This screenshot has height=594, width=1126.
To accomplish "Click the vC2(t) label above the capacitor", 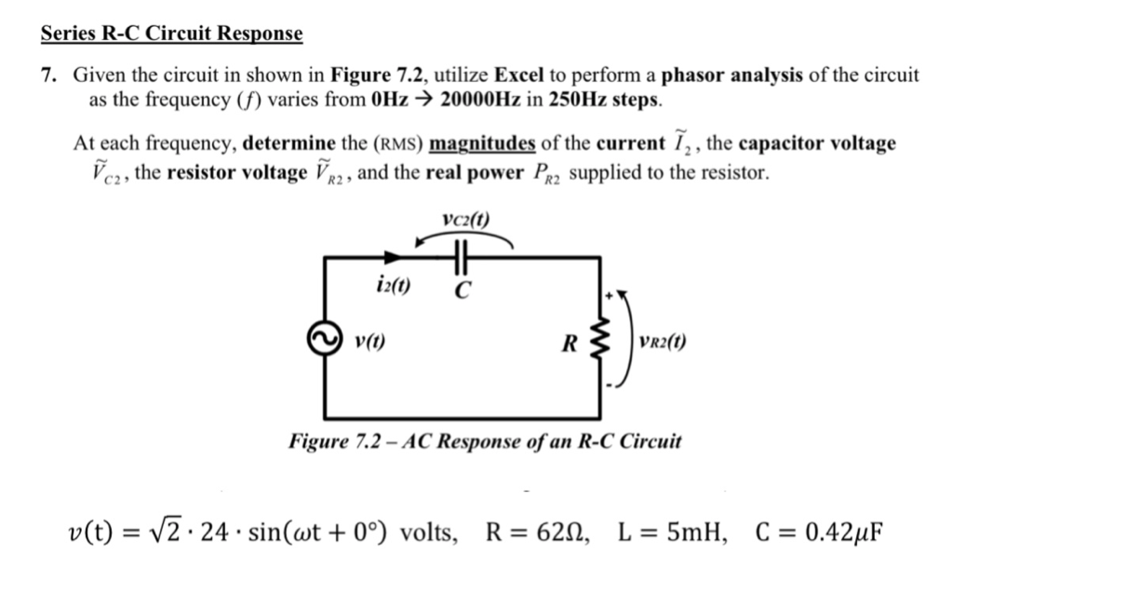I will [x=467, y=220].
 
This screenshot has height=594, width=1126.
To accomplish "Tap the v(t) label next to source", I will [x=371, y=341].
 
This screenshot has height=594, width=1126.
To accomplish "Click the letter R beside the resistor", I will [x=569, y=343].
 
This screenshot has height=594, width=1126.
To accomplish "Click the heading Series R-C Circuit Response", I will [x=172, y=34].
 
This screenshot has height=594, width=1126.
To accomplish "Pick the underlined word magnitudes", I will [x=482, y=144].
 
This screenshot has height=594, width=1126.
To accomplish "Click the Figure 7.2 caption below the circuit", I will [x=484, y=440].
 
